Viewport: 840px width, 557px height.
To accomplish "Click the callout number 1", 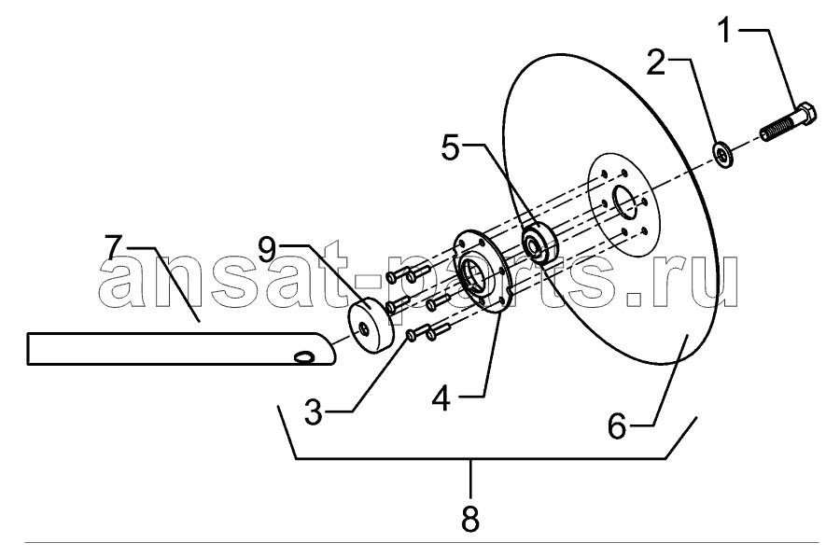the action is point(724,30).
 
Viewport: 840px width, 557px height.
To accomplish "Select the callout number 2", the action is point(656,63).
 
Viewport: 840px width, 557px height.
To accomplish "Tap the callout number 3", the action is point(314,411).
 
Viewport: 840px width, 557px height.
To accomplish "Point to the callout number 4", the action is point(441,399).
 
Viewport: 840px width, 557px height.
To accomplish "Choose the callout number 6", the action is point(617,427).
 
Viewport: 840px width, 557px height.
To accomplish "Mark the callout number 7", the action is point(113,247).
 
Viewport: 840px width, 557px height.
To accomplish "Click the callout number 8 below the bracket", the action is point(469,519).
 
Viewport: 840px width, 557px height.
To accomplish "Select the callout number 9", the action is point(267,250).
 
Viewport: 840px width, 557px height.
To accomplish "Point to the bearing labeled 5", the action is point(540,244).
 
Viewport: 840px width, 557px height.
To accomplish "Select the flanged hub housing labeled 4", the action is point(479,271).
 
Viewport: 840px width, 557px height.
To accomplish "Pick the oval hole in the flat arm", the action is point(303,356).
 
